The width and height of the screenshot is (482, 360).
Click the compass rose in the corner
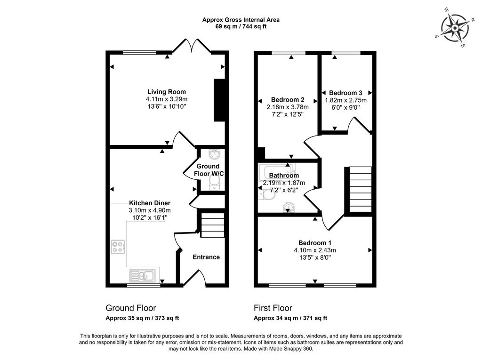[455, 28]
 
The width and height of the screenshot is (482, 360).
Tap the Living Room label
[167, 92]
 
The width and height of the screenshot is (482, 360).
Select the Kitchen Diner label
[149, 203]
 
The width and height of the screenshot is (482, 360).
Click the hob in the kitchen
[118, 247]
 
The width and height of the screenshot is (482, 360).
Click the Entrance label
[206, 257]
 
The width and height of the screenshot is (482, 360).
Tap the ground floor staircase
[212, 226]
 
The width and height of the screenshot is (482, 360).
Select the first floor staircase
[361, 189]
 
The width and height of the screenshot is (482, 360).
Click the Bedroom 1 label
[315, 243]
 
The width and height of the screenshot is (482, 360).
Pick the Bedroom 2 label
[288, 100]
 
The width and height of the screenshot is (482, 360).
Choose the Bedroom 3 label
[345, 93]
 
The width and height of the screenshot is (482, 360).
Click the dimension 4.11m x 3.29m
[167, 99]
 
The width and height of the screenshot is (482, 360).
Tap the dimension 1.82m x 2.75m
[346, 100]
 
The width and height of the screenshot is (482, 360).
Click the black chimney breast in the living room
[219, 101]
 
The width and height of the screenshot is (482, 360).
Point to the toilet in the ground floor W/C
[214, 184]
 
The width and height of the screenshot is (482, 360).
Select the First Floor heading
[273, 308]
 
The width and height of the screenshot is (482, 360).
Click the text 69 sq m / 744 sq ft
[241, 26]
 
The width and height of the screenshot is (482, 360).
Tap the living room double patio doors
[192, 46]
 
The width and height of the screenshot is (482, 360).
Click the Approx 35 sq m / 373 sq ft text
[142, 318]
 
